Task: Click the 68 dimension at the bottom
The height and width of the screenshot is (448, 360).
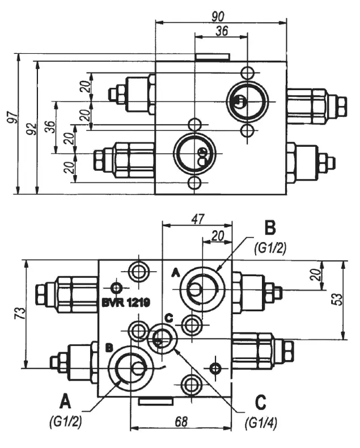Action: click(x=181, y=423)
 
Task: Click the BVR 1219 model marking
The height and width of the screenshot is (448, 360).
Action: click(x=126, y=302)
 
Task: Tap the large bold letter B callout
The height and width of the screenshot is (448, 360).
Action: click(x=269, y=229)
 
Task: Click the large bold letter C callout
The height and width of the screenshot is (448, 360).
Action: click(x=261, y=402)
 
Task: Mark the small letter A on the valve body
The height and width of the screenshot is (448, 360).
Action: click(x=176, y=273)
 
